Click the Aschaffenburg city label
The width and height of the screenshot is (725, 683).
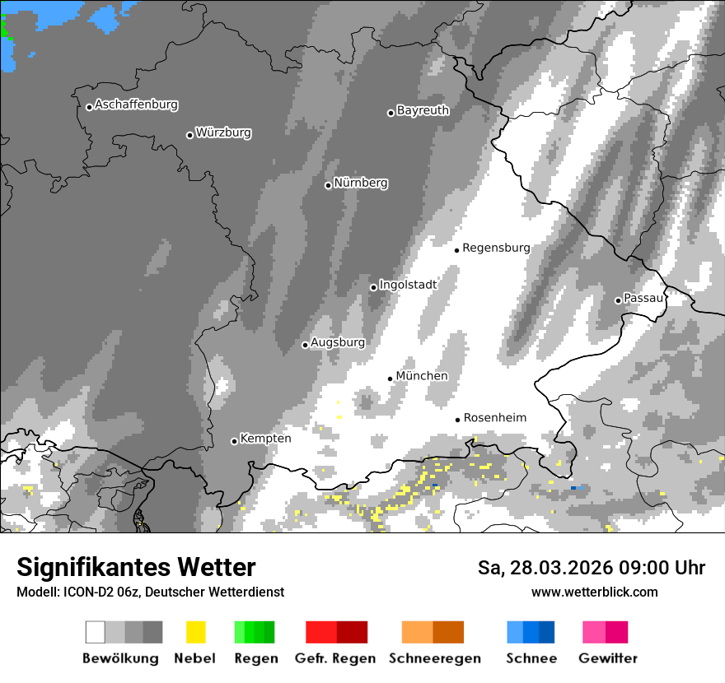pos(136,105)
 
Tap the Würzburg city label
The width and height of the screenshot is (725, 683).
pos(223,133)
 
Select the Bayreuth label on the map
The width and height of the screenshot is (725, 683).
pos(423,110)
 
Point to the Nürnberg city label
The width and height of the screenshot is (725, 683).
pos(361,184)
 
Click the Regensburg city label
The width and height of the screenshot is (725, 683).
pos(496,248)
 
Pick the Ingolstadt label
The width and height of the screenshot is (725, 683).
pos(408,285)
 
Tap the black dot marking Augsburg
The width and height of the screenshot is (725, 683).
pos(305,345)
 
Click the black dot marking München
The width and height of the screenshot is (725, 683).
pos(391,379)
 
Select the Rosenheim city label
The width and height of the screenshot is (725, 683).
pos(494,418)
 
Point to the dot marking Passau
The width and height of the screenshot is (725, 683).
pos(618,300)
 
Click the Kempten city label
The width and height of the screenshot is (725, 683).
pos(265,439)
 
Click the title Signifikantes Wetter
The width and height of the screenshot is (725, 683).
pos(136,568)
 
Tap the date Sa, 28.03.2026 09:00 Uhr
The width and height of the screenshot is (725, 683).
pos(592,568)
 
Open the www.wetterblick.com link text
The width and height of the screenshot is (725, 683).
pos(595,592)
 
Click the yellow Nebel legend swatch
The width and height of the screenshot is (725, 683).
pos(195,632)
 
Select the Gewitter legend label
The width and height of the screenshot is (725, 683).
pos(608,658)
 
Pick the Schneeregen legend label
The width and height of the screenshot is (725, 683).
pos(435,658)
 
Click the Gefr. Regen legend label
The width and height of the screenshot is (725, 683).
pos(335,658)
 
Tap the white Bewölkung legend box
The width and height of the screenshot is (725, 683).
pos(96,632)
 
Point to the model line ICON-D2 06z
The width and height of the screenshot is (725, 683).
pos(150,592)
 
